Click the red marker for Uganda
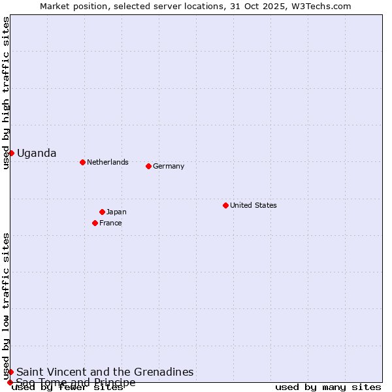[11, 153]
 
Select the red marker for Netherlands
[82, 162]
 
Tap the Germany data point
[148, 166]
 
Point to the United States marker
[225, 205]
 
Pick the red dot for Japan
[102, 212]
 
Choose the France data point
[95, 223]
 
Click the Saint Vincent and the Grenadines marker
[10, 372]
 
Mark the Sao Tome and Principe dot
[10, 382]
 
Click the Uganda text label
[37, 154]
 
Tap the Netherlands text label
[108, 162]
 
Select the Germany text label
[169, 166]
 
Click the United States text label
[253, 205]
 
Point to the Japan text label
[116, 212]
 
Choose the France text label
[110, 223]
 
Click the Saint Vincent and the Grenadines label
[105, 372]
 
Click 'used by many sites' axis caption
[328, 387]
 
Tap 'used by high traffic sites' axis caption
[6, 93]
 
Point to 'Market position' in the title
[69, 6]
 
